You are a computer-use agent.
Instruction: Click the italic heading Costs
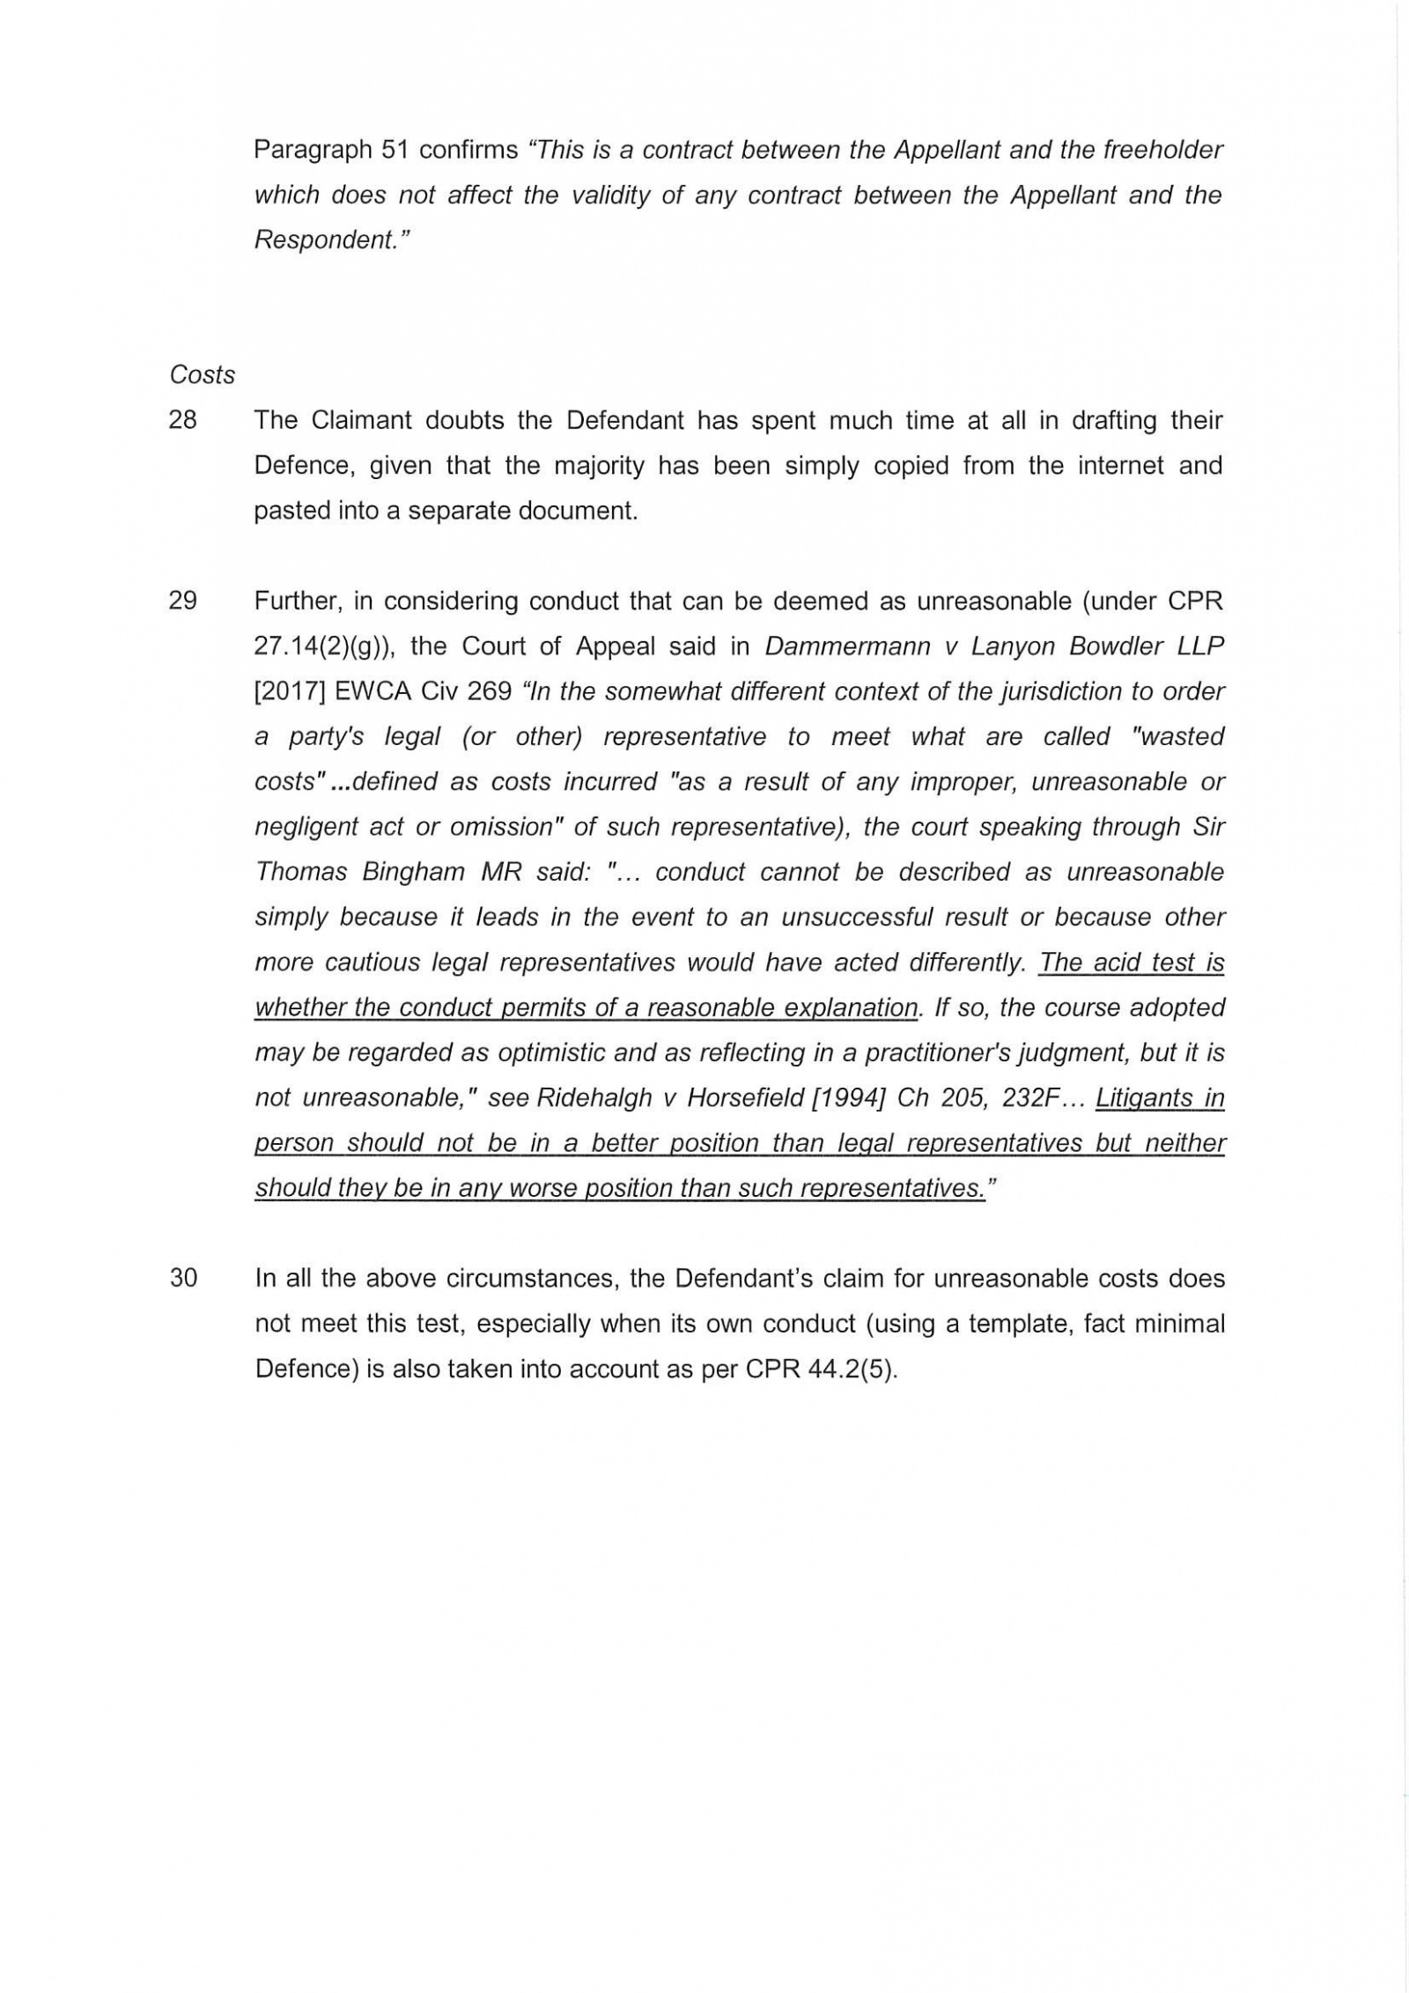[202, 375]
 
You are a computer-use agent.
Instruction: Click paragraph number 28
[182, 420]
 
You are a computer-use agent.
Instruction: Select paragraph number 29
[182, 602]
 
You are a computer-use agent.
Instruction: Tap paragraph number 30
[182, 1278]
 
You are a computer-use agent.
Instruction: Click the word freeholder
[1163, 150]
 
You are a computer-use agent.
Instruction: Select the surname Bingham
[413, 872]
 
